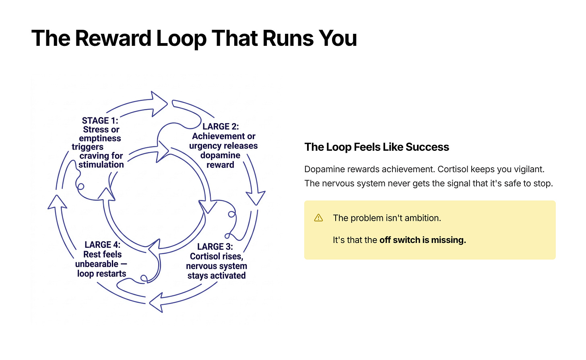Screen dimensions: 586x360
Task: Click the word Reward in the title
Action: [113, 39]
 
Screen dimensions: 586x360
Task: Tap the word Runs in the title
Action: [288, 39]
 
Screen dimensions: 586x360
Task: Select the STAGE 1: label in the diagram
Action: [100, 121]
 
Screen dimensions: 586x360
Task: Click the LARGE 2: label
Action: [221, 127]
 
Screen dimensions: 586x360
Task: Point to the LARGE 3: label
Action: [215, 247]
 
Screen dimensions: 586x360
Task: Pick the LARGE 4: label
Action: [102, 245]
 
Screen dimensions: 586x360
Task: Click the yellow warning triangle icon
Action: [318, 218]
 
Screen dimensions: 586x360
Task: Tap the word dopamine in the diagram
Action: [220, 155]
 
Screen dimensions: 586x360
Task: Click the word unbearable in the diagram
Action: [97, 264]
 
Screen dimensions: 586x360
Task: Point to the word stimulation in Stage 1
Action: [101, 165]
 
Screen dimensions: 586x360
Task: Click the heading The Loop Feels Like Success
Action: [377, 147]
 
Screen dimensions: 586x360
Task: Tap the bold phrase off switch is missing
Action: [423, 240]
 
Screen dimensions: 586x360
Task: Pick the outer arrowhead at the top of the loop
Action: [159, 104]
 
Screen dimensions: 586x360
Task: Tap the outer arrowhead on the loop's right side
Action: [256, 198]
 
